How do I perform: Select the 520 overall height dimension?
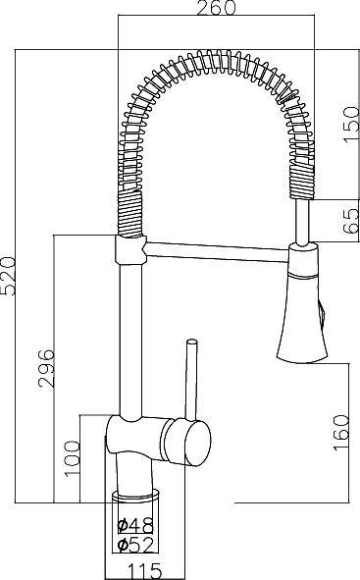coord(9,274)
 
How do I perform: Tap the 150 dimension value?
coord(350,125)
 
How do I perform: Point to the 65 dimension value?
coord(350,217)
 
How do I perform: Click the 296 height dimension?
coord(45,368)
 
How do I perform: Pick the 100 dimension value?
coord(70,458)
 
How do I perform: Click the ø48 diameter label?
coord(133,525)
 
